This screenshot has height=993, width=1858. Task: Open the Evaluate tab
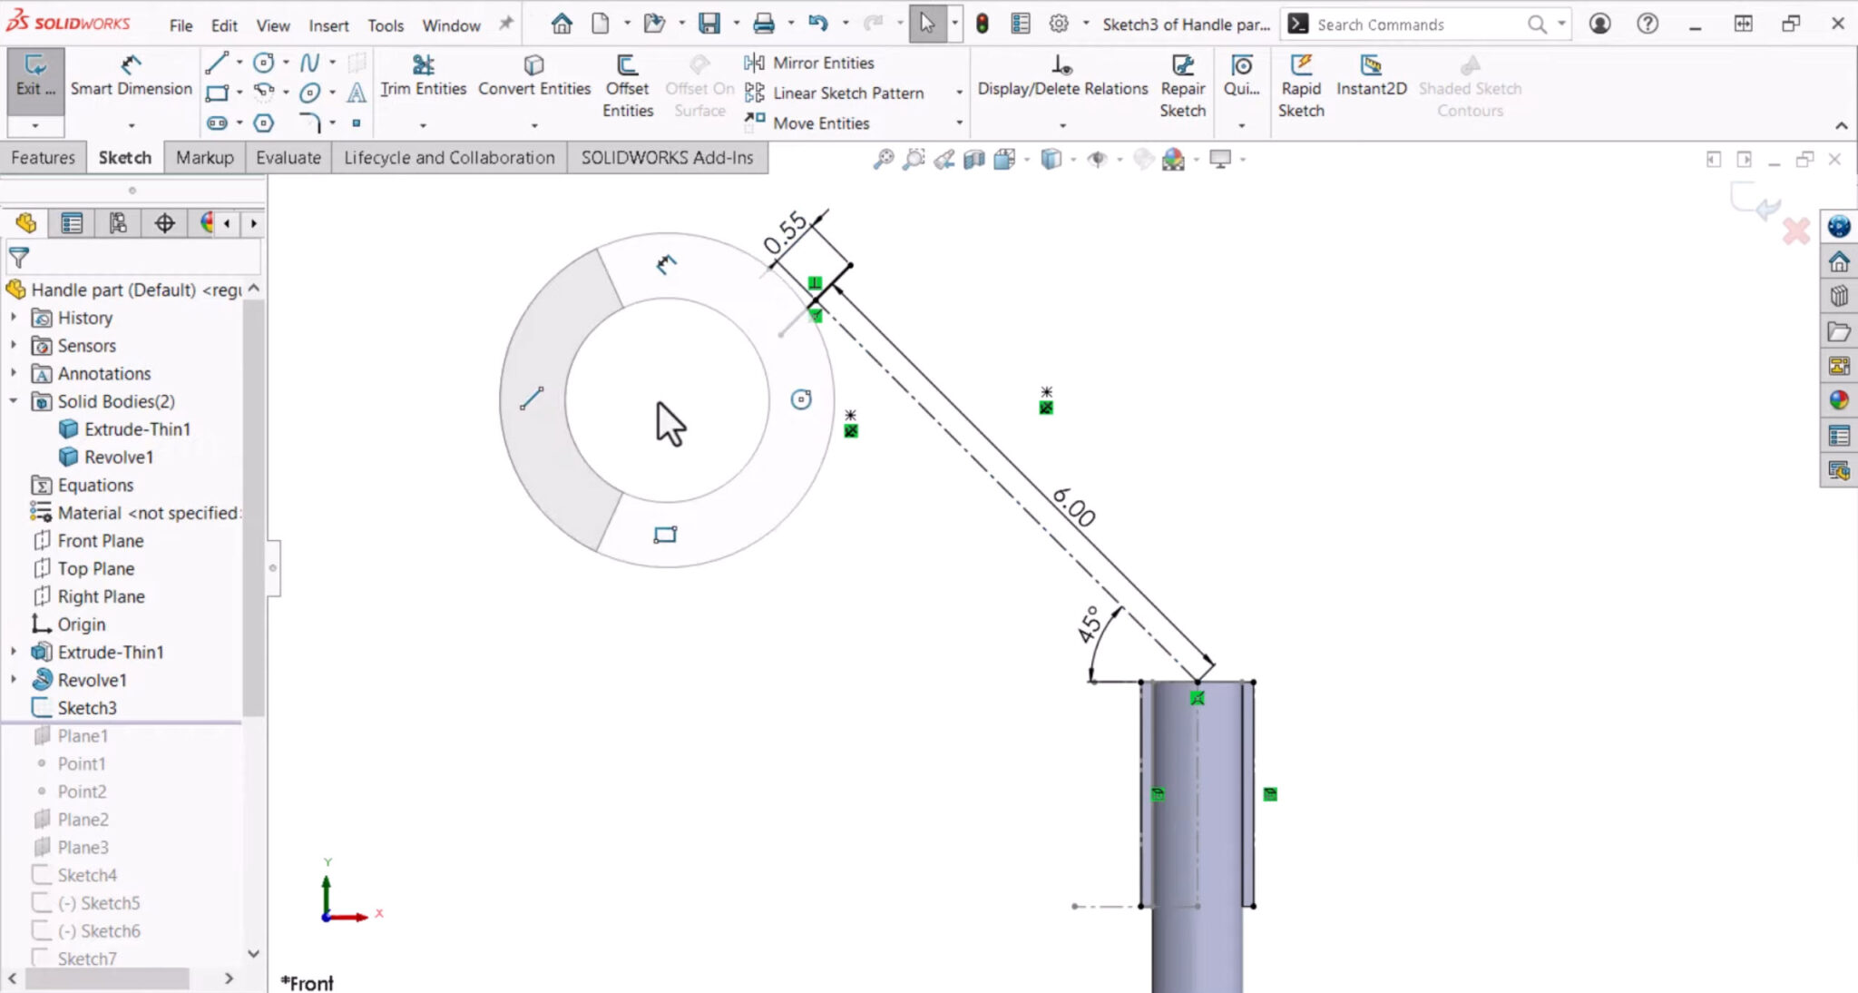click(x=288, y=157)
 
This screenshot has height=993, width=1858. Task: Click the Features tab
click(x=43, y=157)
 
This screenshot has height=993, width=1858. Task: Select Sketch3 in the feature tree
click(x=87, y=707)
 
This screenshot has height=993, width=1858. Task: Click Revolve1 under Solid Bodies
click(x=118, y=457)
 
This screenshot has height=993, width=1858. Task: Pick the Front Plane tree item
click(x=100, y=540)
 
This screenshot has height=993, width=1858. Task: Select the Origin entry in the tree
click(x=81, y=624)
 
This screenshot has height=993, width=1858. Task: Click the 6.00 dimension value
click(x=1074, y=506)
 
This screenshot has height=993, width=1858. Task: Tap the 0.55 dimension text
click(x=785, y=232)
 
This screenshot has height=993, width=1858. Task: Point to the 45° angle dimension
click(x=1090, y=624)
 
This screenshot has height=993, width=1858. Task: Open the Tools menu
click(x=385, y=25)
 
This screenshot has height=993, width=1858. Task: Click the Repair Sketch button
click(x=1182, y=87)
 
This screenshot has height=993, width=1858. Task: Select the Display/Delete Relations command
click(x=1062, y=87)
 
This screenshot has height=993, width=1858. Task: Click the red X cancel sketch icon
click(x=1795, y=231)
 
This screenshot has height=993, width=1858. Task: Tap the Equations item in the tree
click(x=95, y=485)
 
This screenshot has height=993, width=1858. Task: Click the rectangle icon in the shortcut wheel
click(x=665, y=535)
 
